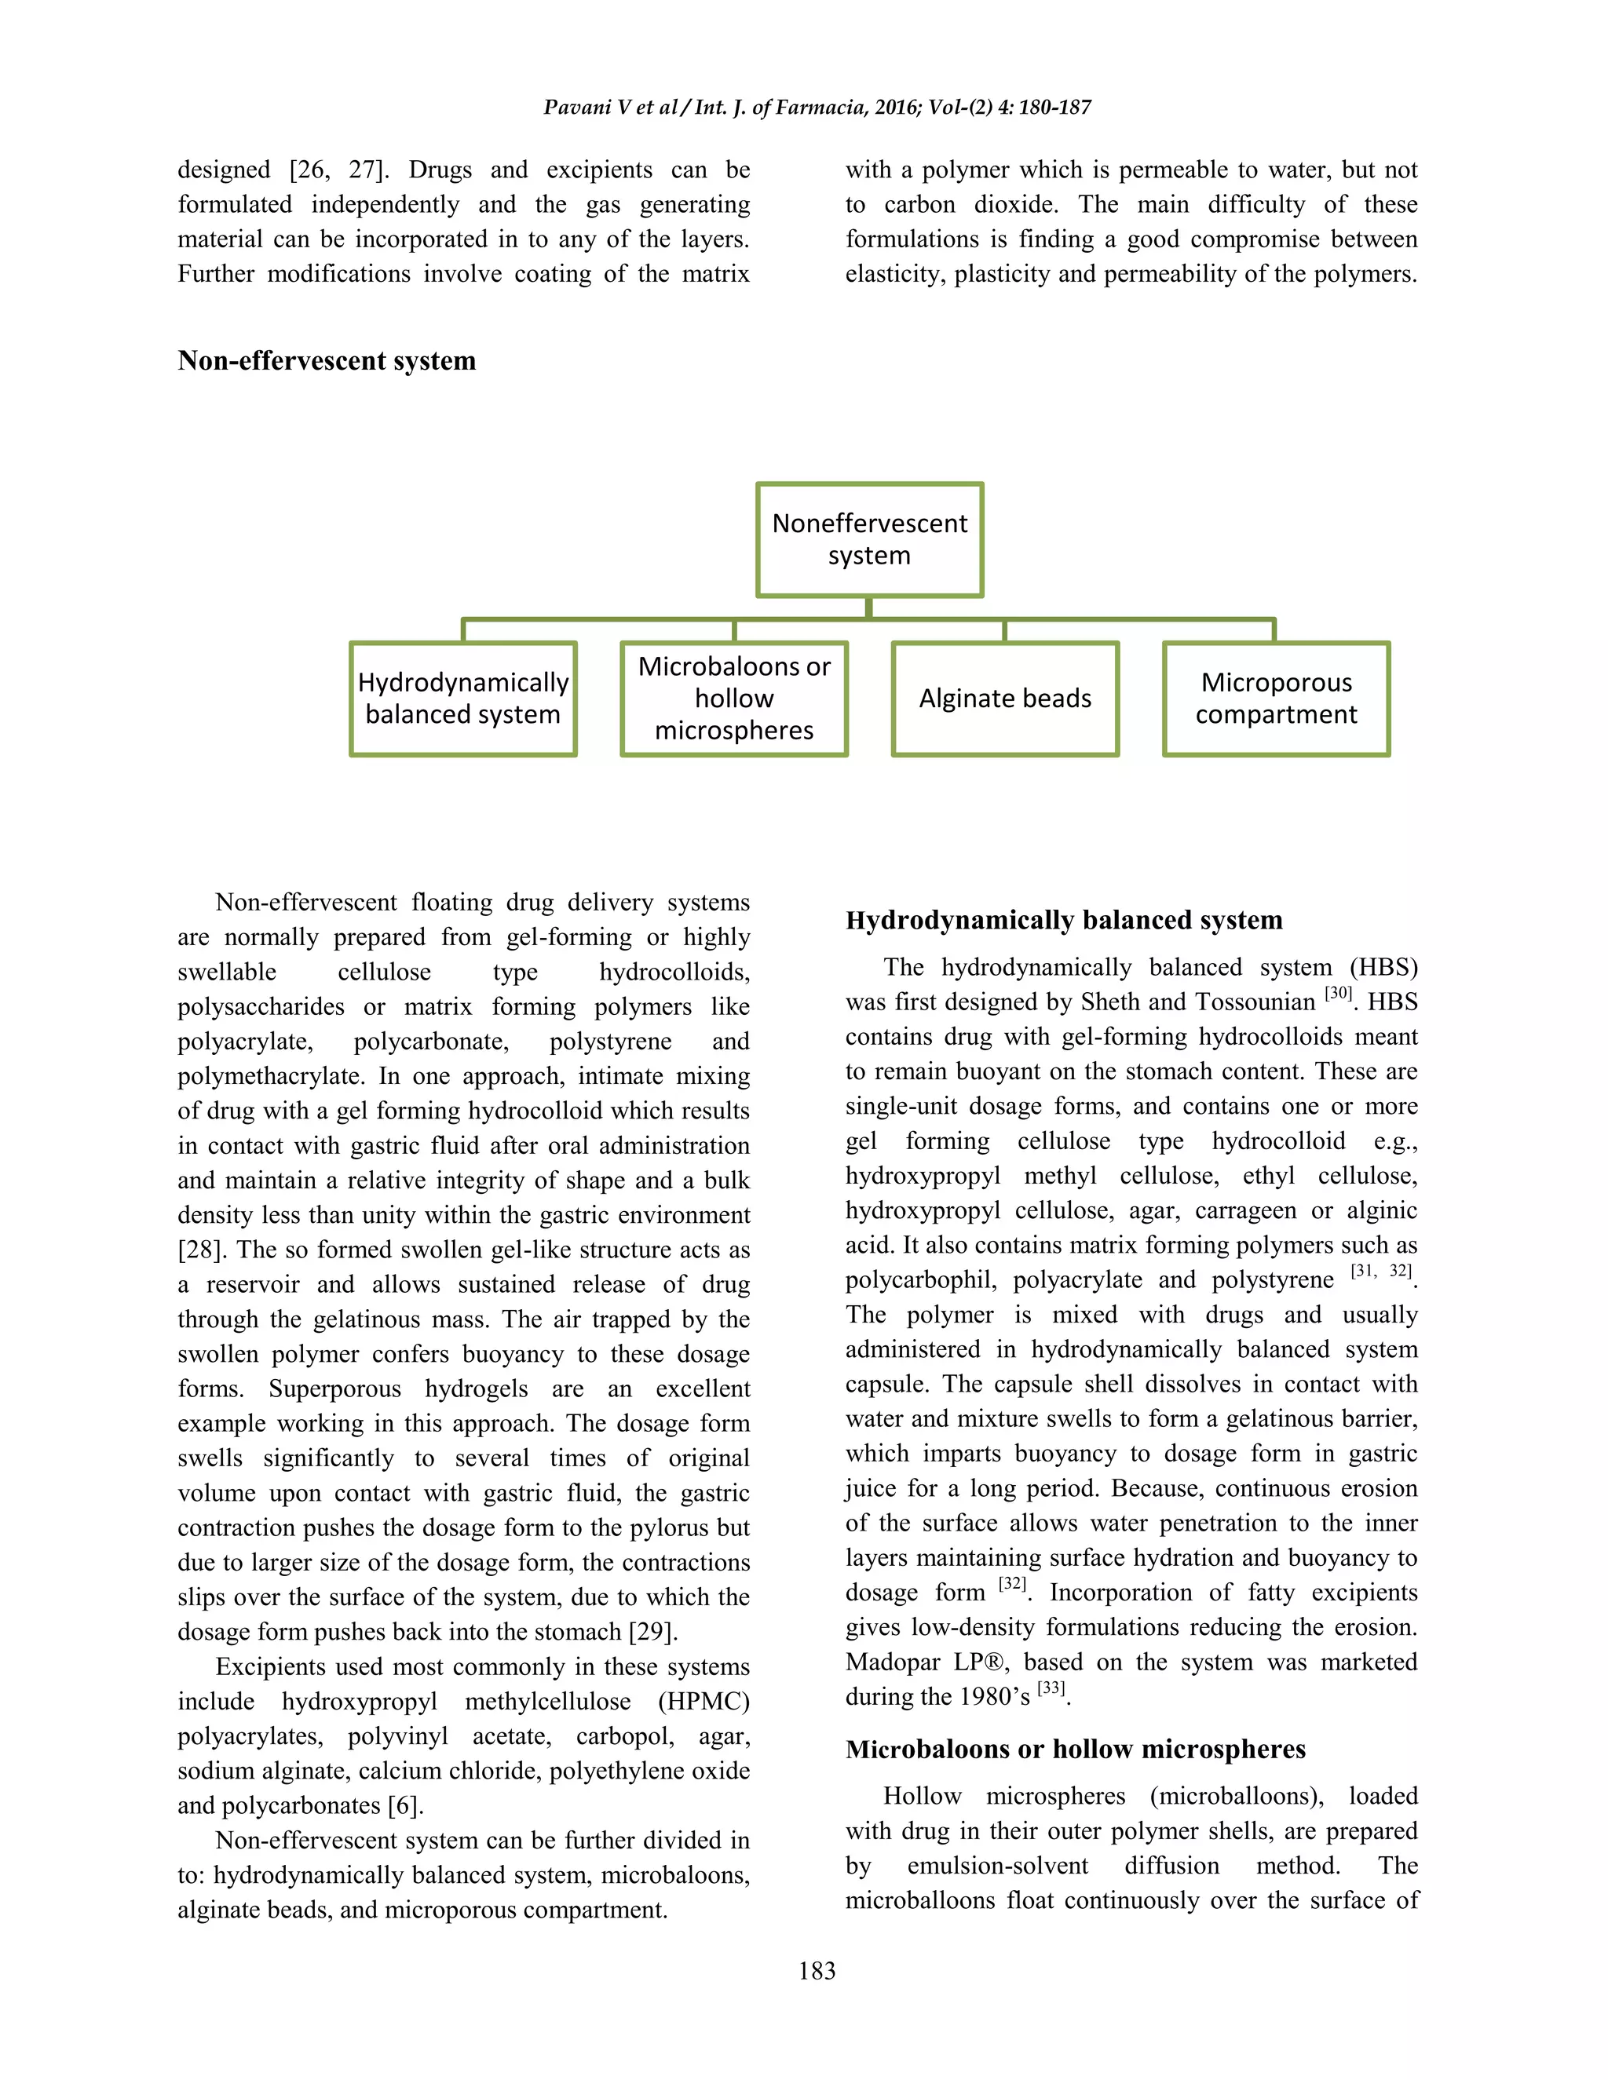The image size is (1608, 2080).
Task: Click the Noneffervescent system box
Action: [x=869, y=540]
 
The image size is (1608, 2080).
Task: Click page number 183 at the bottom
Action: [x=817, y=1970]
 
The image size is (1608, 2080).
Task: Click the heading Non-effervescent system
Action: [x=327, y=361]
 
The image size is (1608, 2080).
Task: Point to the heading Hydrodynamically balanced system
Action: [x=1063, y=920]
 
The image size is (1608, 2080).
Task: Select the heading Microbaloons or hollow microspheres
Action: [x=1075, y=1749]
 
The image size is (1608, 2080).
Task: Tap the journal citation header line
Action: [x=817, y=108]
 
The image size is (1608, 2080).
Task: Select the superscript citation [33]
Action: [x=1051, y=1688]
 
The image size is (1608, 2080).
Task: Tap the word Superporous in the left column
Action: [x=334, y=1389]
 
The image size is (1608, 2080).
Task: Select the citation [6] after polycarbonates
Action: [x=404, y=1806]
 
